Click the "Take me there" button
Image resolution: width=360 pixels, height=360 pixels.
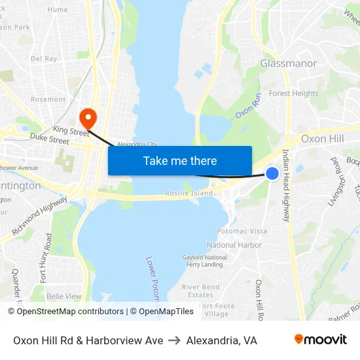click(x=180, y=160)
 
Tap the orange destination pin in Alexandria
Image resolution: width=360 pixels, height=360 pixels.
click(x=87, y=118)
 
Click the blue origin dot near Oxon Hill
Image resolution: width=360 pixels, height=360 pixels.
click(x=272, y=173)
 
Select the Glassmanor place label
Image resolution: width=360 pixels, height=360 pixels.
click(x=288, y=63)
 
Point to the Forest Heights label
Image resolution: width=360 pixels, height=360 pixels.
click(x=293, y=94)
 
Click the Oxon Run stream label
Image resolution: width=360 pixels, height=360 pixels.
click(x=248, y=105)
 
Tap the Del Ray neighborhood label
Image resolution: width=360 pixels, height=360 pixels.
click(x=44, y=58)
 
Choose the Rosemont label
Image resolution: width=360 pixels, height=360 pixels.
click(x=48, y=99)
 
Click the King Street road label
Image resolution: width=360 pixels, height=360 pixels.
click(x=70, y=132)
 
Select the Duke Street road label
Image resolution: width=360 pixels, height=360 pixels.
click(x=50, y=140)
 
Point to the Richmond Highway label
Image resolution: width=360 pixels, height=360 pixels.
click(x=39, y=217)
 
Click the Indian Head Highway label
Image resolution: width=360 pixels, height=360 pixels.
click(x=286, y=185)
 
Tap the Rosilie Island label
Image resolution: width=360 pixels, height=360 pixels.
click(x=189, y=193)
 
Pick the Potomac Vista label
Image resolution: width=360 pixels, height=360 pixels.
click(x=242, y=231)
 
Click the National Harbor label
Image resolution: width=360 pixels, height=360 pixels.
click(x=234, y=245)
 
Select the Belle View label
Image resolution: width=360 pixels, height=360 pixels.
click(x=64, y=296)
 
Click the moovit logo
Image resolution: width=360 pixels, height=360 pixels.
click(x=320, y=339)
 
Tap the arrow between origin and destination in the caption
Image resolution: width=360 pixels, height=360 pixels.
click(x=174, y=340)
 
